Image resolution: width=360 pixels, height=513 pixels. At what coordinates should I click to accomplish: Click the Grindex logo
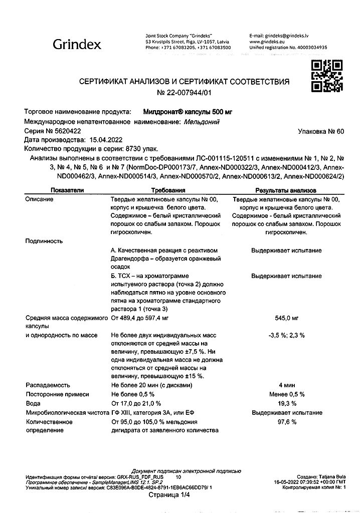(x=77, y=45)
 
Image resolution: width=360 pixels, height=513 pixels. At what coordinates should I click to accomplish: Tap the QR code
(x=326, y=75)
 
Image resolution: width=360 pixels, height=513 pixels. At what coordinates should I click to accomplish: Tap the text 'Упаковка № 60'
(x=321, y=132)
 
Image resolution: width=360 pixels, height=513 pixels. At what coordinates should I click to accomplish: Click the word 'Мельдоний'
(x=202, y=121)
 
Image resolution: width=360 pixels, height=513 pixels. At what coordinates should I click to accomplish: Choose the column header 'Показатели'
(x=67, y=190)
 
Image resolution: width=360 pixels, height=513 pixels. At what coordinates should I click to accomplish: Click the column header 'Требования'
(x=168, y=190)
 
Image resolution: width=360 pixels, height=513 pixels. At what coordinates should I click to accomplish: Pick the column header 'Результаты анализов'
(x=286, y=190)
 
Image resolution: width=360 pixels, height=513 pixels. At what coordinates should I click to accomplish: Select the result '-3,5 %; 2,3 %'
(x=286, y=335)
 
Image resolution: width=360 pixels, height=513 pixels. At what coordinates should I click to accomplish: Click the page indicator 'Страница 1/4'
(x=169, y=494)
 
